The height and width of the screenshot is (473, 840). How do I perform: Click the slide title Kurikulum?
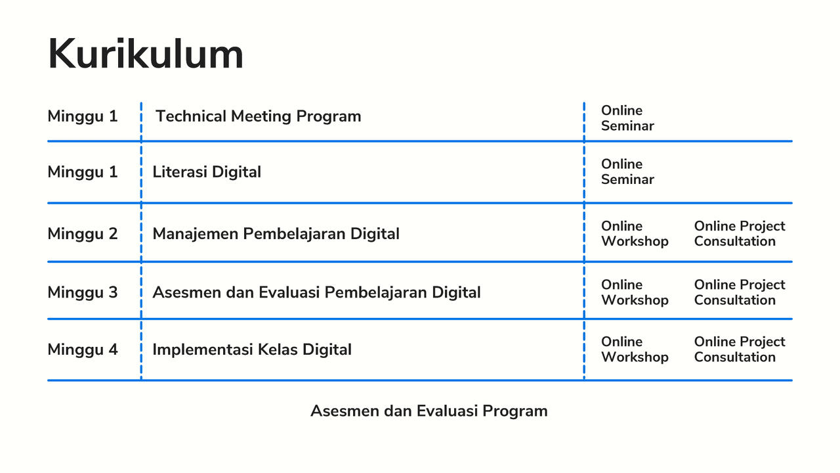pos(146,54)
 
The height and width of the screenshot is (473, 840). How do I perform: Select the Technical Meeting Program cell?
pos(258,116)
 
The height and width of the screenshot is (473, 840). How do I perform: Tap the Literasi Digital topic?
pos(207,172)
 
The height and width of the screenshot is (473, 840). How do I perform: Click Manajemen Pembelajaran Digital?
pos(276,234)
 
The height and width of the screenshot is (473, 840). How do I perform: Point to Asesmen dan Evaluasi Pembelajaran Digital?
pos(316,292)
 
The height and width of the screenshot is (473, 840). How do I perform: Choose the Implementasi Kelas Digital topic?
pos(252,349)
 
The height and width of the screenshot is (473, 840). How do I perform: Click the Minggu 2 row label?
pos(83,234)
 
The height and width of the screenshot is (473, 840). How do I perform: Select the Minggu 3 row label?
pos(83,292)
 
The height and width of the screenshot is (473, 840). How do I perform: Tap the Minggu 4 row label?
pos(83,349)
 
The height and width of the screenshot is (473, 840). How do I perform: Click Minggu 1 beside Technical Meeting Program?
pos(83,117)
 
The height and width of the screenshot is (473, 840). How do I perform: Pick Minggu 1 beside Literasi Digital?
pos(83,172)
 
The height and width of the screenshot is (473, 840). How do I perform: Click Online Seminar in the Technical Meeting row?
pos(627,118)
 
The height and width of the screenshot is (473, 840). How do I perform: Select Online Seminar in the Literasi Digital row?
pos(627,171)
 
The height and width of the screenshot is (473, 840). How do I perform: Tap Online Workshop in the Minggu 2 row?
pos(635,234)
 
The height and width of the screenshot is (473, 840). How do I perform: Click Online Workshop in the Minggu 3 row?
pos(635,292)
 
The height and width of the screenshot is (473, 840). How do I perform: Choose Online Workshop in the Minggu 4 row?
pos(635,349)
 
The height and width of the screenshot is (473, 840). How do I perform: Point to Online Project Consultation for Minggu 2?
pos(740,234)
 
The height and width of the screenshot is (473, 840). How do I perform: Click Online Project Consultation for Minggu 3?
pos(740,292)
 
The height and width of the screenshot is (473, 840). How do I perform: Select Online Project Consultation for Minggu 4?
pos(740,349)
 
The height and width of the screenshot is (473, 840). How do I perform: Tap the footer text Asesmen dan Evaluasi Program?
pos(429,411)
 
